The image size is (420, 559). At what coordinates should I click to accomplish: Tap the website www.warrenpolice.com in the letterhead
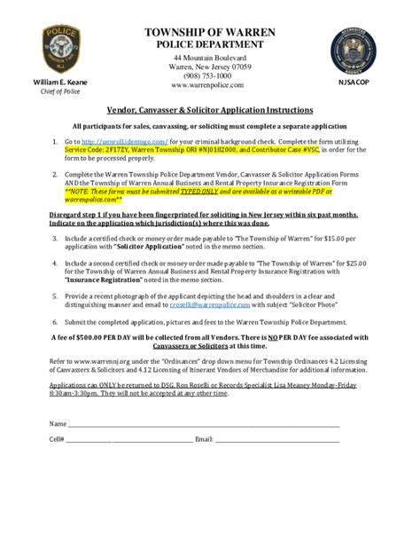click(x=210, y=86)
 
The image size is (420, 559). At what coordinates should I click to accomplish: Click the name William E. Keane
click(x=55, y=82)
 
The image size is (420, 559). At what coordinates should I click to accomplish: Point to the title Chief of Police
click(x=55, y=91)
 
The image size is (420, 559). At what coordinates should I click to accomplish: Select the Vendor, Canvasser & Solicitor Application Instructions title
click(x=210, y=111)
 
